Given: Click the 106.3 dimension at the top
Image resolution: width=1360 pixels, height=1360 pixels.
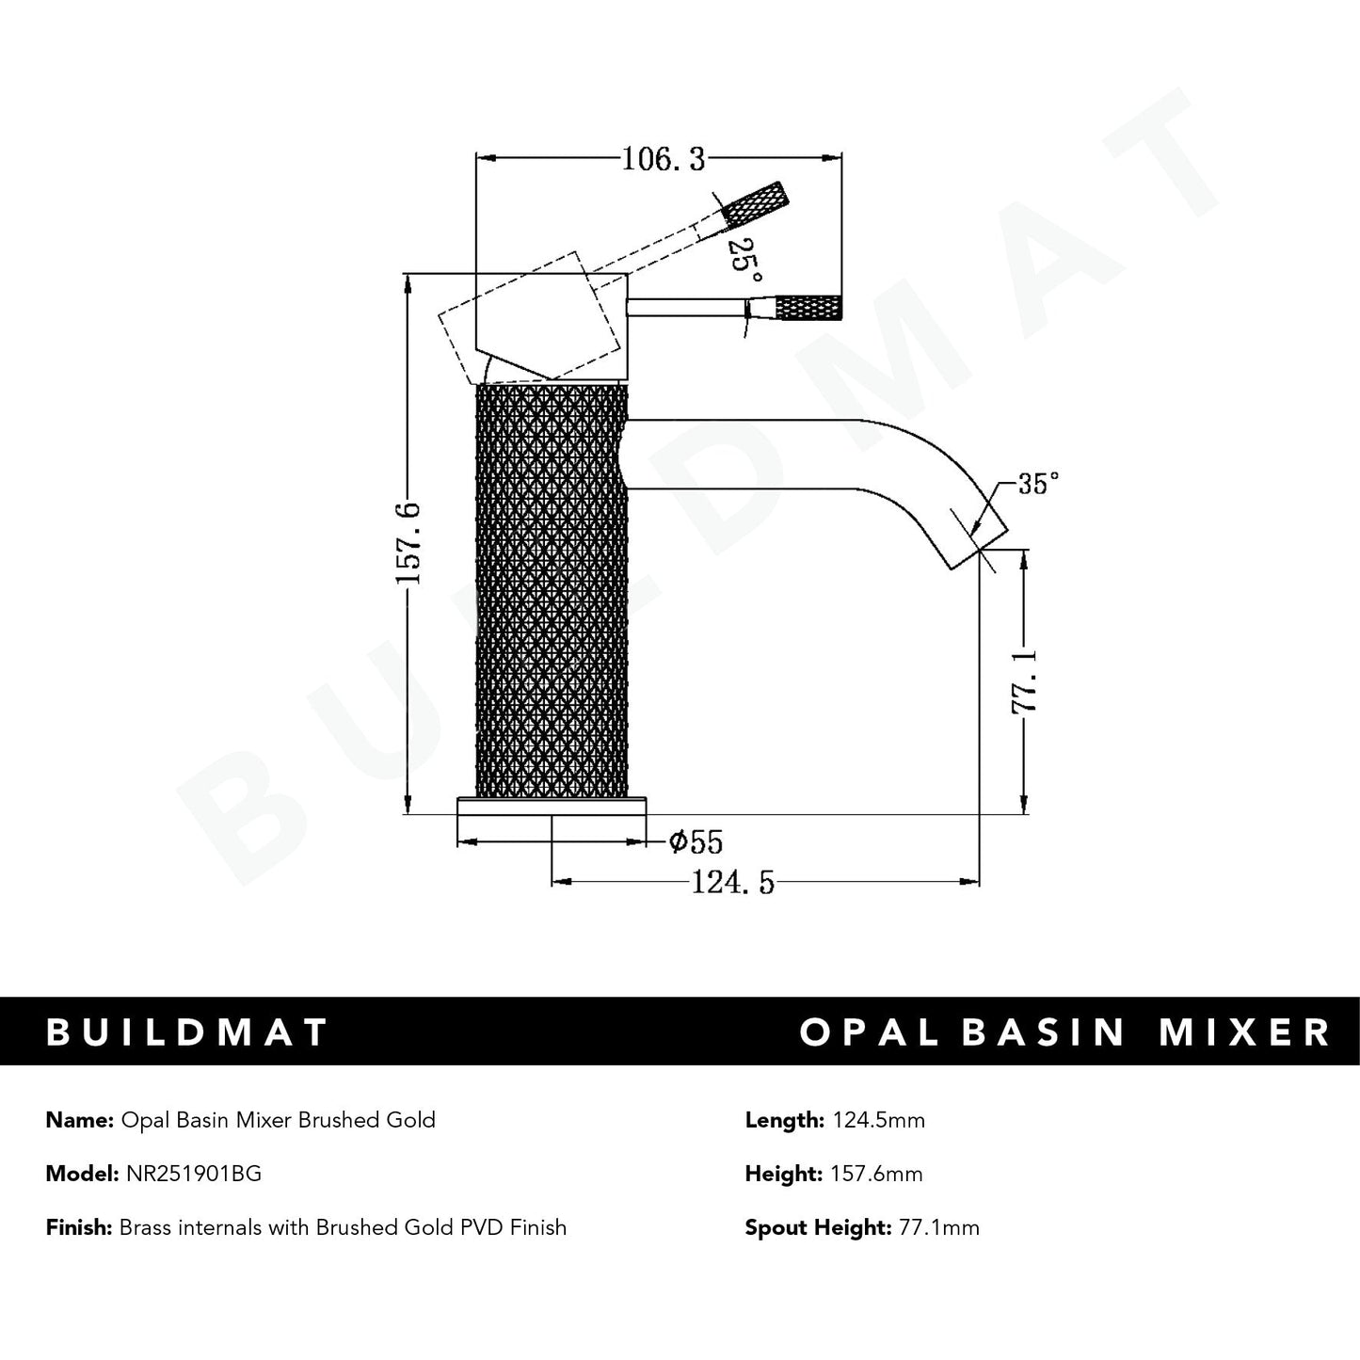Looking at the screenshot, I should coord(663,161).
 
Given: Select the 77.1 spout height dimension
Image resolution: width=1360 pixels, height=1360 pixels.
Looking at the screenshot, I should coord(1024,680).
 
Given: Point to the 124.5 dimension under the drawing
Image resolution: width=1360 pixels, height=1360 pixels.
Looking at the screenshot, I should coord(732,883).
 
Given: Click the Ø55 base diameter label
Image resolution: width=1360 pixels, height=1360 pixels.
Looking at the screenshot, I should coord(696,841).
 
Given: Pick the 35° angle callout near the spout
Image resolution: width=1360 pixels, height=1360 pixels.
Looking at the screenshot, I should coord(1038,485).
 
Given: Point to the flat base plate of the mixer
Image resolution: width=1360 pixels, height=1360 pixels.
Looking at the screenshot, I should coord(552,806).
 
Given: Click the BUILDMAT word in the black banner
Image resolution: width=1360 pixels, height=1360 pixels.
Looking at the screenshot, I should coord(187,1032).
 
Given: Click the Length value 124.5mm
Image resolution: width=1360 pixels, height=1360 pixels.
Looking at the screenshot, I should coord(877,1120).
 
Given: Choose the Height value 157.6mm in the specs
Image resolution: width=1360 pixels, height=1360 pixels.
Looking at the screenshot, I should coord(875,1174).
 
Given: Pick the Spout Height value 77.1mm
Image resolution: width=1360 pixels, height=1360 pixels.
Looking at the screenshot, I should coord(936,1227).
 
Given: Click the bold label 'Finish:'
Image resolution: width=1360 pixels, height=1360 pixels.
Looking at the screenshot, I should coord(78,1227).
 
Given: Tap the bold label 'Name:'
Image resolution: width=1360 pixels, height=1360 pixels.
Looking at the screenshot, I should coord(79,1120).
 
